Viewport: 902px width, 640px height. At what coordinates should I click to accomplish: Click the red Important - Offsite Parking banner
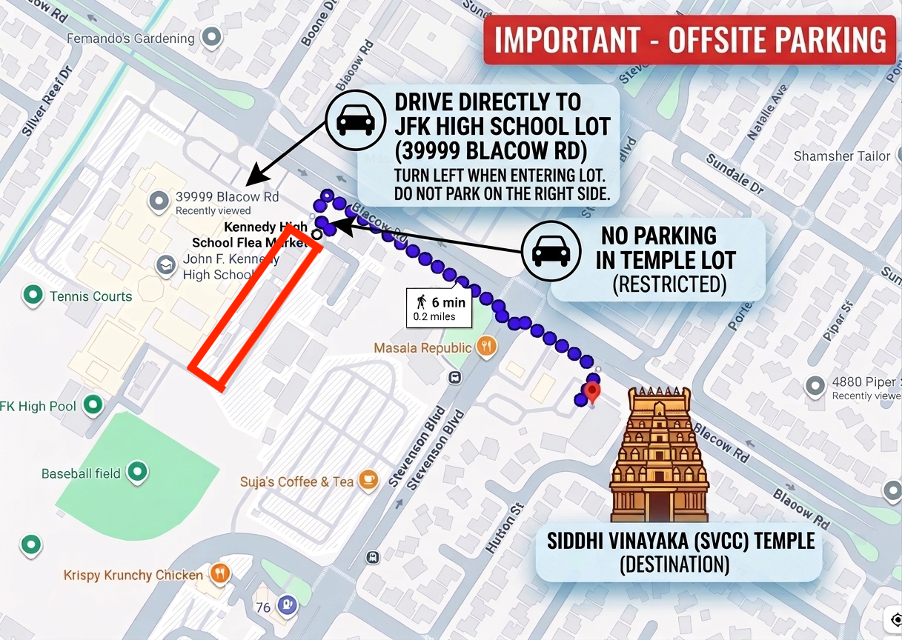[x=689, y=40]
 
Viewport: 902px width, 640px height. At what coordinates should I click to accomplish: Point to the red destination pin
[x=591, y=392]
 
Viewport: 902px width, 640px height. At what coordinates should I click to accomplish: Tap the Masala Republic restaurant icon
[x=486, y=346]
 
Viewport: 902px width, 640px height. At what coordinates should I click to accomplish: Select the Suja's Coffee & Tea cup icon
[x=368, y=481]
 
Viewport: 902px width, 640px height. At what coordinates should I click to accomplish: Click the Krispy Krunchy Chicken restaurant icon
[x=219, y=573]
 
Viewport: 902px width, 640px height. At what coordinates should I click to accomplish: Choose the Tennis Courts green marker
[x=32, y=296]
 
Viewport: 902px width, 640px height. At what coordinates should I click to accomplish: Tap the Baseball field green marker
[x=137, y=471]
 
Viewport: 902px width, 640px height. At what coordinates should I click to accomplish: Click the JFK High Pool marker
[x=93, y=404]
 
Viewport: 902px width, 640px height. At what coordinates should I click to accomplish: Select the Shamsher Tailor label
[x=841, y=156]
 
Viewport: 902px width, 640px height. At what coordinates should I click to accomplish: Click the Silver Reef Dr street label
[x=46, y=101]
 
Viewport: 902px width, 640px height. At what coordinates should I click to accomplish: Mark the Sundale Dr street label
[x=734, y=174]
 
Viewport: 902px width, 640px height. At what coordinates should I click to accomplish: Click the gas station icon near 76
[x=286, y=604]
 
